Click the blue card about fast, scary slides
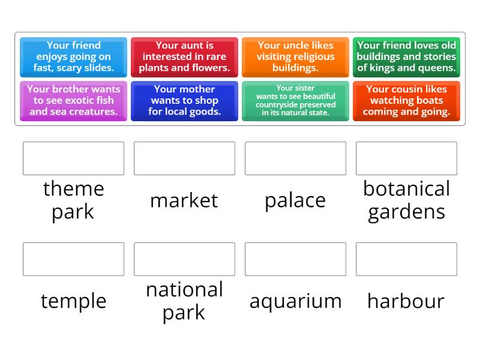73,56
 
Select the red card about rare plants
184,56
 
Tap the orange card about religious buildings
295,56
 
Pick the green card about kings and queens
406,56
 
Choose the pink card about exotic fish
73,101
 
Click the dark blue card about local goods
184,101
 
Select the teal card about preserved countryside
295,101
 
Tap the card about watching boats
406,101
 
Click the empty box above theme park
73,158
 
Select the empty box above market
184,158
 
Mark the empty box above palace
295,158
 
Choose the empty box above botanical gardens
406,158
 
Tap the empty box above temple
73,259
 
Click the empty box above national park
184,259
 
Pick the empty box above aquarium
295,259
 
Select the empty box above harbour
406,259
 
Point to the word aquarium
295,301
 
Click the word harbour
406,301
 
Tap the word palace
295,200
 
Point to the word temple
73,301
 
